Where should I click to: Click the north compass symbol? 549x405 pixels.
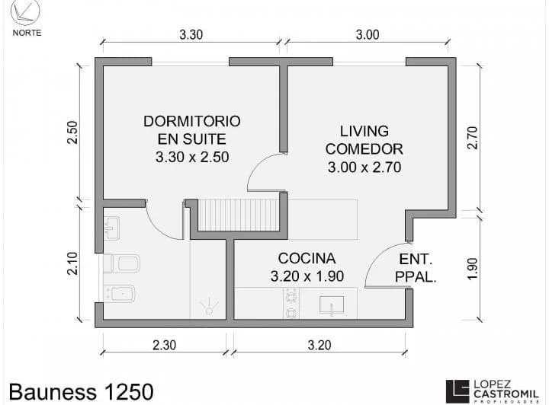coord(27,13)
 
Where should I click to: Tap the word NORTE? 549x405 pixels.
coord(27,33)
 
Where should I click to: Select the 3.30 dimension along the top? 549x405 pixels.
coord(191,34)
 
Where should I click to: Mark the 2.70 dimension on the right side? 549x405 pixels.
coord(472,137)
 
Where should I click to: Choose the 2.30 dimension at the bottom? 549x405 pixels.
coord(164,345)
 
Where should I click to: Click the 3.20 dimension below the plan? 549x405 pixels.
coord(319,345)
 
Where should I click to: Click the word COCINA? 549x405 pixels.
coord(307,258)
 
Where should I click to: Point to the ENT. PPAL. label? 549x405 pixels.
coord(416,268)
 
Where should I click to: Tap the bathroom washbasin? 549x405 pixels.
coord(112,225)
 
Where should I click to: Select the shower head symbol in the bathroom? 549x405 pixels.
coord(207,306)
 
